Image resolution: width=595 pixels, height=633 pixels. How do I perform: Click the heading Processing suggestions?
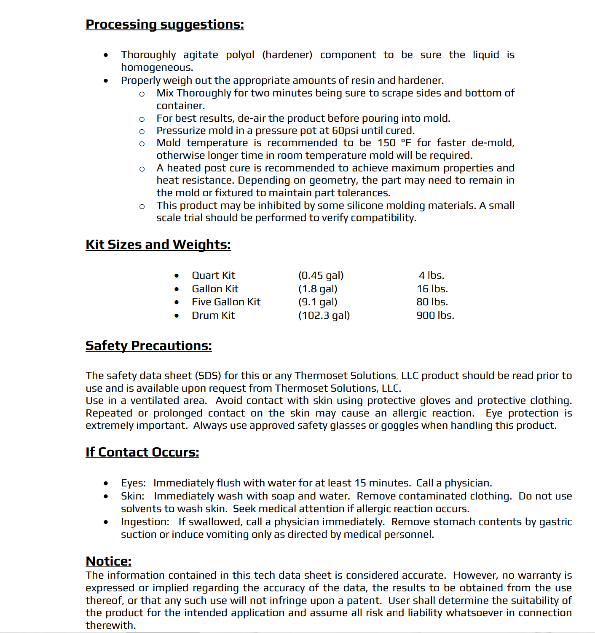pos(164,24)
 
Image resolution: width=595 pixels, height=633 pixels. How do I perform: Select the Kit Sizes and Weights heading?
pos(158,245)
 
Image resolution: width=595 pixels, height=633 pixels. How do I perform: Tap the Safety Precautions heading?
pos(148,346)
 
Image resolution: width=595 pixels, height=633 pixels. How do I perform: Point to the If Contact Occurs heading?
pos(142,452)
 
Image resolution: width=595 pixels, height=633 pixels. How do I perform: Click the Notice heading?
pos(108,561)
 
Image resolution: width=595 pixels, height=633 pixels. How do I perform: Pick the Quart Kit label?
pos(213,275)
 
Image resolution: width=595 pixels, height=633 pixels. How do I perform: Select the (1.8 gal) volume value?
pos(318,289)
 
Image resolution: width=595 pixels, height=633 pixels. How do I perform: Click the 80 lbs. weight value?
pos(432,302)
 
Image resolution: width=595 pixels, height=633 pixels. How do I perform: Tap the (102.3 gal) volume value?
pos(324,315)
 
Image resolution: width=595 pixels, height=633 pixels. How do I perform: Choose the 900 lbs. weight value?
pos(435,315)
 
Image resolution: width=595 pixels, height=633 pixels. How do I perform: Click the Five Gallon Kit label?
pos(226,302)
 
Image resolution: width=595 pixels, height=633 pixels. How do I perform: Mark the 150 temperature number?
pos(386,143)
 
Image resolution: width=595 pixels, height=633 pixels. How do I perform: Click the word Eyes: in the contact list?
pos(133,483)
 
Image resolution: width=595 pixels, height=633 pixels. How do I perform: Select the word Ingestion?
pos(145,522)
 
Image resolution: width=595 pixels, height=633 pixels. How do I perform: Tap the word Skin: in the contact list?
pos(132,496)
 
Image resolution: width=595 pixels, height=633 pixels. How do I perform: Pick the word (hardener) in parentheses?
pos(287,55)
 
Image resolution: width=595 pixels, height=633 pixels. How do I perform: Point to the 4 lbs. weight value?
pos(432,275)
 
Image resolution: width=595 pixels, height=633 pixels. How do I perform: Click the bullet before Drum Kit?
pos(177,315)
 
